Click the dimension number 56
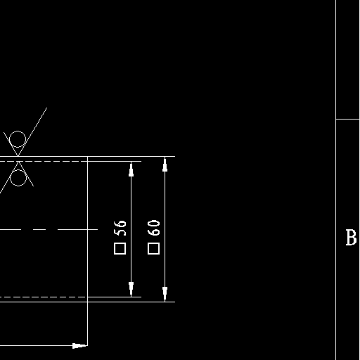pos(120,228)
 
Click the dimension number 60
pos(154,228)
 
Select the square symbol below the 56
pos(120,249)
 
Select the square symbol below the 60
pos(154,249)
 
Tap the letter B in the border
pos(351,238)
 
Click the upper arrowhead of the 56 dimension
pos(131,169)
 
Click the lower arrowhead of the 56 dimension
pos(131,289)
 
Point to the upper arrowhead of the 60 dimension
pos(165,164)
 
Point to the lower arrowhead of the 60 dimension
pos(165,294)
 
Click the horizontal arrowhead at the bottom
pos(79,346)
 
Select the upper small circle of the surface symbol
pos(18,139)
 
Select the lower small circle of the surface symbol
pos(18,178)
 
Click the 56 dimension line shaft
pos(131,229)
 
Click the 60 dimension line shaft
pos(165,229)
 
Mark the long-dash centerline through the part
pos(49,229)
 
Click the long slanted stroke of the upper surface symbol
pos(32,131)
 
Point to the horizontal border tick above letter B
pos(347,119)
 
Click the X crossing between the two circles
pos(18,159)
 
